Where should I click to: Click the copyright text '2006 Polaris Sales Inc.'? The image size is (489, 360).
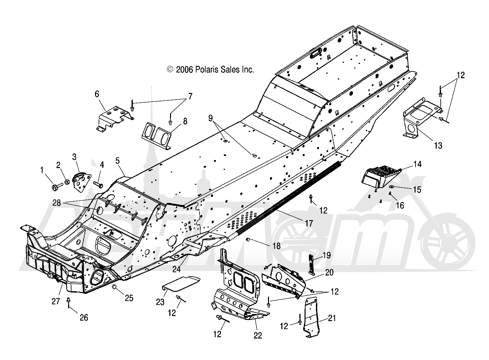pos(215,70)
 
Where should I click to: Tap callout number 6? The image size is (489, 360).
pos(97,94)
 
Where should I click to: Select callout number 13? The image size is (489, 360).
pos(438,145)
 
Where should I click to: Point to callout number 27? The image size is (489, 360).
pos(56,301)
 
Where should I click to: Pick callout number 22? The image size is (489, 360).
pos(258,335)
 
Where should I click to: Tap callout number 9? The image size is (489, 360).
pos(210,118)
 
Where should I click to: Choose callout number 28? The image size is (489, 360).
pos(57,203)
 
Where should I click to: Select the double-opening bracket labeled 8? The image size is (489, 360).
pos(156,136)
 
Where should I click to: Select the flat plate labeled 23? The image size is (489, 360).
pos(181,284)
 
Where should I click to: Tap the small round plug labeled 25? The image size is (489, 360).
pos(114,287)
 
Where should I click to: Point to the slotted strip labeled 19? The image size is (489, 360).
pos(312,264)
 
